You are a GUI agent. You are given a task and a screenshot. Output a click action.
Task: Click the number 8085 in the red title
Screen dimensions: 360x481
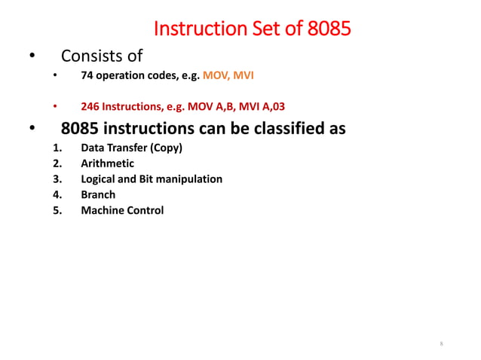329,30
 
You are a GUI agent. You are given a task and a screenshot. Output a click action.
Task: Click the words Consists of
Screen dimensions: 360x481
102,56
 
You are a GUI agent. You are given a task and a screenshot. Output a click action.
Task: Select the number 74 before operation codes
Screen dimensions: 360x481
87,77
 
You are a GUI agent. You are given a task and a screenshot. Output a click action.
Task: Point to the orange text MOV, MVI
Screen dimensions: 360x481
228,77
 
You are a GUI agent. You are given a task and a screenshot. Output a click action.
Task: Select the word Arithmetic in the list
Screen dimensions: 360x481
108,163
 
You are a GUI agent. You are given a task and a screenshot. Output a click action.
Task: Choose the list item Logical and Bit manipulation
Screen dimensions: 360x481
152,179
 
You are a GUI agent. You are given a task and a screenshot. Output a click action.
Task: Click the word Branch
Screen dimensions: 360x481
98,195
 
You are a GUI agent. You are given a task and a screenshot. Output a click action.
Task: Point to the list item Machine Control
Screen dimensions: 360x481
122,211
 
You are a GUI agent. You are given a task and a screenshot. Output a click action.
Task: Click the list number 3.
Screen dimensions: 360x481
57,179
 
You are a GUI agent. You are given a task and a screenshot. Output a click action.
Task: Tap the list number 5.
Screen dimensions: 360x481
57,211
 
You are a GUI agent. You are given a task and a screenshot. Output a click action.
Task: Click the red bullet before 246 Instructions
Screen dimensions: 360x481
55,105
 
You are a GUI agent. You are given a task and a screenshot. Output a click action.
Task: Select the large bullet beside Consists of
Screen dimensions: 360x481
32,56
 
